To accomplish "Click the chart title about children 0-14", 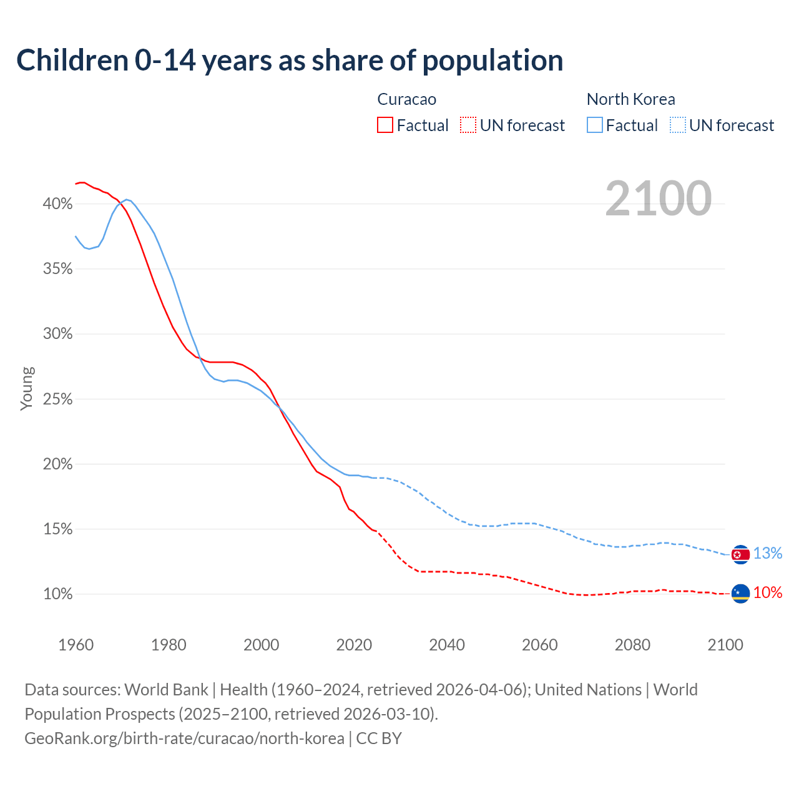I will click(290, 61).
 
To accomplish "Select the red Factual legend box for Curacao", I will click(385, 125).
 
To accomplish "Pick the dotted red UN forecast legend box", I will click(468, 125).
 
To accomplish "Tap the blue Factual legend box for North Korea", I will click(595, 125).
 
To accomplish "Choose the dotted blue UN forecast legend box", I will click(678, 125).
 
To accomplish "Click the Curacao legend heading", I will click(407, 99).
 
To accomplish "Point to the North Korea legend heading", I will click(630, 99).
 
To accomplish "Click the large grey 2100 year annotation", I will click(658, 199).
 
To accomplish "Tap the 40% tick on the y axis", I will click(57, 204).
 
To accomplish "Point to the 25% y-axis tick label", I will click(57, 399).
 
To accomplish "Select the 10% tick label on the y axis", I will click(57, 594).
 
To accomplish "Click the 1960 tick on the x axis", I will click(76, 645).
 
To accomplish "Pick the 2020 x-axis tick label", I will click(354, 645).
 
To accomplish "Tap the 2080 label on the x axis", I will click(632, 645).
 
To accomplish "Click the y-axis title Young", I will click(27, 388).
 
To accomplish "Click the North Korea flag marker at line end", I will click(740, 554).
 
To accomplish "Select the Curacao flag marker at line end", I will click(740, 594).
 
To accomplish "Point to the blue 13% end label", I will click(768, 554).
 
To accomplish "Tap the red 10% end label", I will click(768, 593).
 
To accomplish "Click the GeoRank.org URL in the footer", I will click(184, 738).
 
